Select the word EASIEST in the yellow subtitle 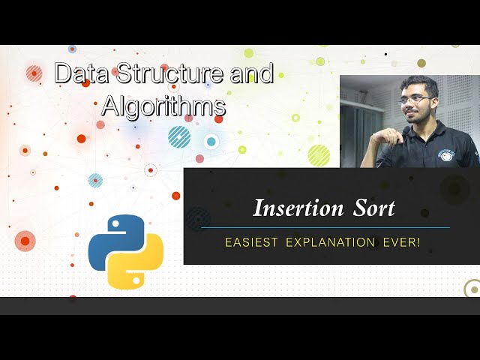pyautogui.click(x=250, y=243)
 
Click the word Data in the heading pyautogui.click(x=82, y=73)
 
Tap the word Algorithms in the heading pyautogui.click(x=163, y=106)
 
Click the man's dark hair pyautogui.click(x=417, y=84)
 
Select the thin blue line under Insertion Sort pyautogui.click(x=325, y=227)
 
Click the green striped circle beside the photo pyautogui.click(x=319, y=154)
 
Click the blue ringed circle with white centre pyautogui.click(x=211, y=141)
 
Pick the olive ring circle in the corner pyautogui.click(x=472, y=288)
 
